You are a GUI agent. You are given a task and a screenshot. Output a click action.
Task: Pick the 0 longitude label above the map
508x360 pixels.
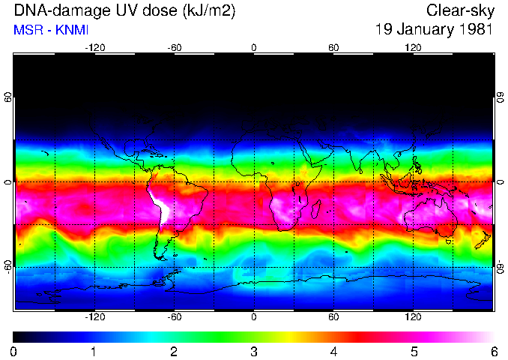tap(254, 47)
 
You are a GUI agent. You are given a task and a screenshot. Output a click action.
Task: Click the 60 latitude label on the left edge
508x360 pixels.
tap(8, 100)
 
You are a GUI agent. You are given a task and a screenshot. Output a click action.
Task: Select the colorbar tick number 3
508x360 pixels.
tap(254, 351)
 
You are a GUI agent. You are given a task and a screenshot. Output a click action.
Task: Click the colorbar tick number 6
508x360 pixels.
tap(493, 351)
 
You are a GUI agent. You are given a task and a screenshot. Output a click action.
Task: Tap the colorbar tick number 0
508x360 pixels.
tap(14, 351)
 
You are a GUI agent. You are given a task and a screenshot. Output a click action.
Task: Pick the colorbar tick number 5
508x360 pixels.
tap(414, 351)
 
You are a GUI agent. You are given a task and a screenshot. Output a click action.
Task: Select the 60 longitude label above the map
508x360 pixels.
tap(333, 47)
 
